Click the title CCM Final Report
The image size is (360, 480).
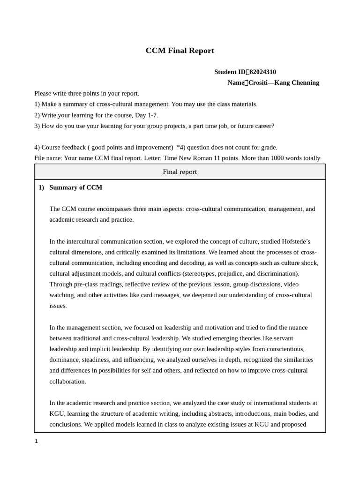coord(180,51)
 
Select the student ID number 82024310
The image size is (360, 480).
coord(262,72)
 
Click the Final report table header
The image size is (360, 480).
coord(180,172)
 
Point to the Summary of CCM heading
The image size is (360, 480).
coord(75,187)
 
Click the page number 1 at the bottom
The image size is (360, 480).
coord(36,441)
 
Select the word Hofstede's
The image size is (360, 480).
coord(296,241)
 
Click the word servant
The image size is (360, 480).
coord(282,338)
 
